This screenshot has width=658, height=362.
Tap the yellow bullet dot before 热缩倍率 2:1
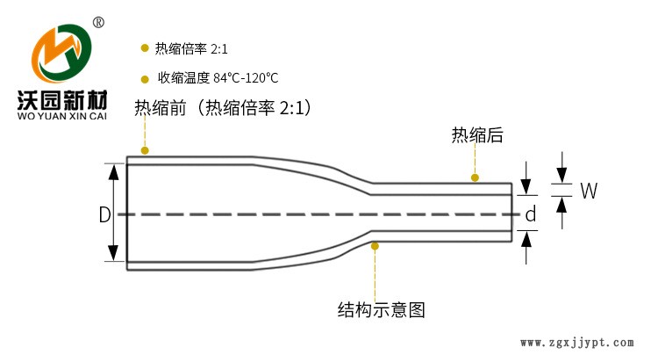tap(144, 48)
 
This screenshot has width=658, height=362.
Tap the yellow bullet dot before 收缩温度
tap(144, 77)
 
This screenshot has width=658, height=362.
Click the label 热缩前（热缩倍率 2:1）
tap(224, 108)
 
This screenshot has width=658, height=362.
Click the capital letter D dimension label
tap(104, 214)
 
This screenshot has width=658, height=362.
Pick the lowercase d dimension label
tap(530, 214)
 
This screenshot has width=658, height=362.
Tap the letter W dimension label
tap(589, 191)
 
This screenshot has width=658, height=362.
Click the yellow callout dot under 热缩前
tap(145, 150)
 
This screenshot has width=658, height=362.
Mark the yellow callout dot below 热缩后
tap(475, 177)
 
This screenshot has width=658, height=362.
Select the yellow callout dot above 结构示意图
tap(375, 246)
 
